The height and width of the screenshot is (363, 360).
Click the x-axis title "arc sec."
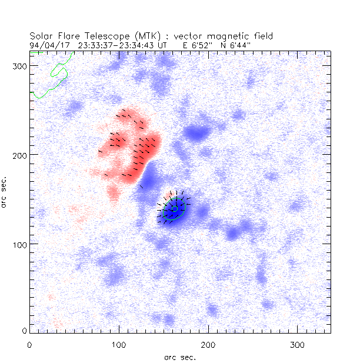tap(179, 357)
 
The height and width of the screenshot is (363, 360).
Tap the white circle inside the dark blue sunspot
tap(174, 209)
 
